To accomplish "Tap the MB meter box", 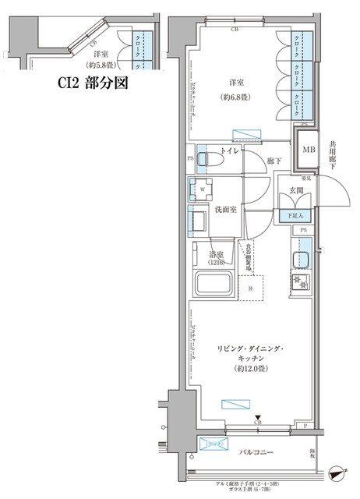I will pos(309,150).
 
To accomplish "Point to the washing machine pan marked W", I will pos(203,188).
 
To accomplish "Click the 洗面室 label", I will pos(225,210).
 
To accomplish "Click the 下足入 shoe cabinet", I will pos(296,214).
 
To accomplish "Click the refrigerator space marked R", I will pos(249,288).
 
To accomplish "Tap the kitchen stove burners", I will pos(302,281).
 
